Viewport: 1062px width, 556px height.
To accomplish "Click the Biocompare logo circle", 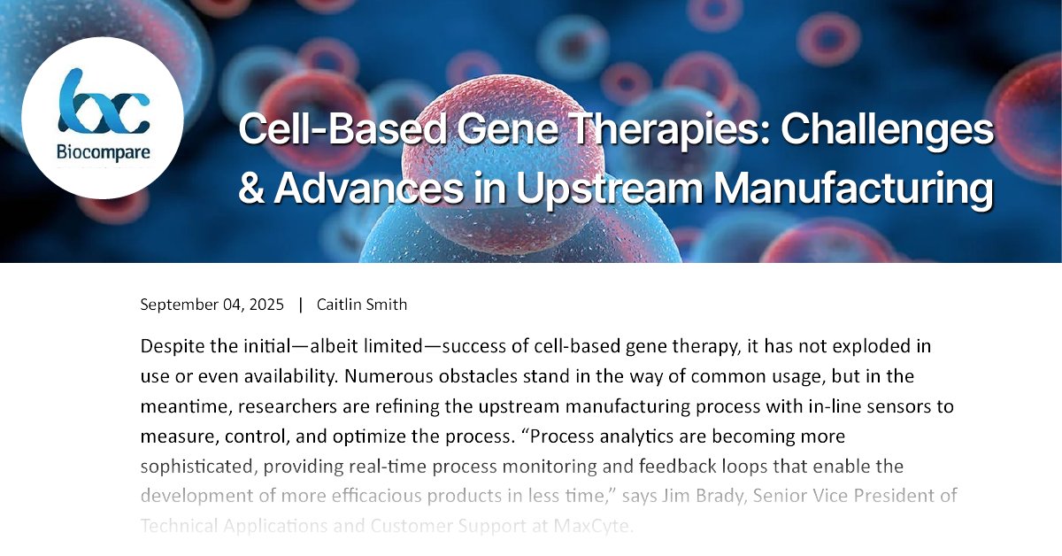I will [x=103, y=117].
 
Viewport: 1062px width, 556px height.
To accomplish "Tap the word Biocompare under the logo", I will [x=103, y=152].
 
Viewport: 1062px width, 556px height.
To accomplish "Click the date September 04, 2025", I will [x=212, y=305].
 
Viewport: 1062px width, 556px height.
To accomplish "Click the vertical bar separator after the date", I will [x=301, y=305].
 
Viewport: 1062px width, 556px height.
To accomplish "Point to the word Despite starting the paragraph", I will [x=169, y=345].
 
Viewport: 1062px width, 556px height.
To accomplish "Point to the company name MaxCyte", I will [x=593, y=526].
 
